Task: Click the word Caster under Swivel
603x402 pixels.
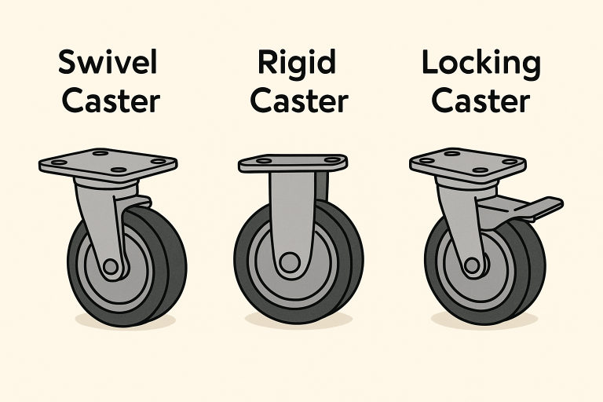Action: [x=111, y=101]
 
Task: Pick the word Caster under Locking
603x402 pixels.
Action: [x=481, y=101]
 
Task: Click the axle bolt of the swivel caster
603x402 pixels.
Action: [x=111, y=267]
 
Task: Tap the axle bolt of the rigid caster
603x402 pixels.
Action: [x=291, y=261]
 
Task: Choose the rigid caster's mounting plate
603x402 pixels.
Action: [x=293, y=163]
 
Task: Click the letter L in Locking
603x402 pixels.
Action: [x=429, y=63]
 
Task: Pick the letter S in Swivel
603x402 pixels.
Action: [x=68, y=64]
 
